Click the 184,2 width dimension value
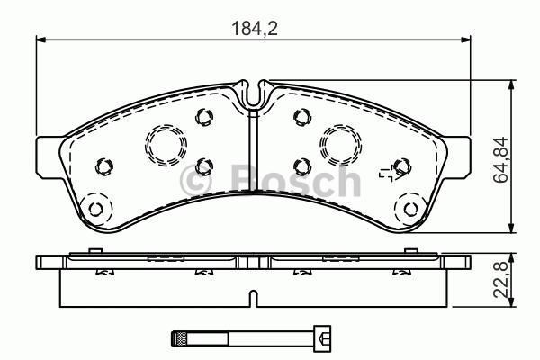click(x=255, y=28)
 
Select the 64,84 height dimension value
click(x=500, y=159)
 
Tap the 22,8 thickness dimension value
click(x=500, y=279)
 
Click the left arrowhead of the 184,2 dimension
click(x=40, y=40)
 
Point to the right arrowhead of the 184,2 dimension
click(x=466, y=40)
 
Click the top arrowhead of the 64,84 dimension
click(x=512, y=85)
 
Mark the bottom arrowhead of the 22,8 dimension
click(x=512, y=301)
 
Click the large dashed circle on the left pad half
click(x=166, y=145)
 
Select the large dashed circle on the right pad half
click(x=340, y=145)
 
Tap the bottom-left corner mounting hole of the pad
click(x=95, y=209)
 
